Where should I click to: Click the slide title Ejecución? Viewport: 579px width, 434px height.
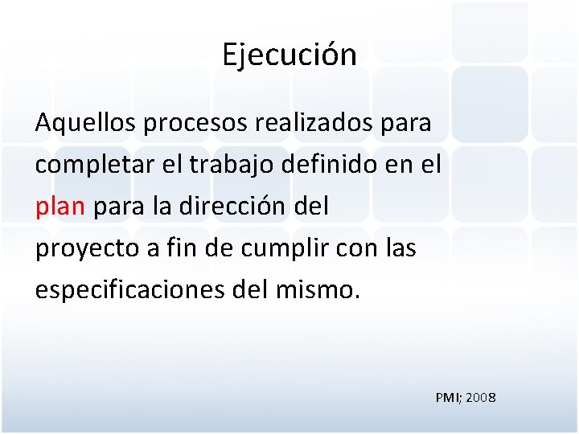289,55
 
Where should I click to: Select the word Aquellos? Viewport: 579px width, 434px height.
85,124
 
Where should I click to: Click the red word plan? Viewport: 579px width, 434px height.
60,207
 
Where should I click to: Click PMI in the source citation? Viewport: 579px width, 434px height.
447,397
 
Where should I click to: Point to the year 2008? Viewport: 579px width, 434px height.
480,397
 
